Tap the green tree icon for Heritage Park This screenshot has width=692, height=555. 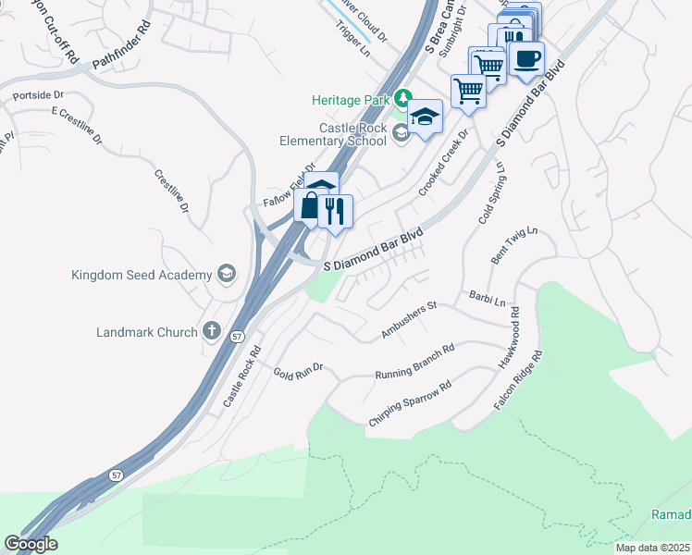pos(402,97)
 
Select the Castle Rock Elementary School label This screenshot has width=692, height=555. pos(334,135)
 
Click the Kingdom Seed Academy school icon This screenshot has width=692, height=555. pos(226,274)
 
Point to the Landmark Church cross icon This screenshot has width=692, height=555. pos(211,331)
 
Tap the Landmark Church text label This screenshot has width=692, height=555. pos(147,332)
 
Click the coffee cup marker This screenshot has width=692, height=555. pos(526,60)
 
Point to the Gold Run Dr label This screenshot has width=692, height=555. pos(298,371)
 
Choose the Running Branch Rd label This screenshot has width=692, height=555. pos(414,363)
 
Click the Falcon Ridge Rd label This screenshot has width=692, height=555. pos(517,381)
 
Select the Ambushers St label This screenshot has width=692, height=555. pos(408,320)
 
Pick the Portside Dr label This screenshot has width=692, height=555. pos(38,95)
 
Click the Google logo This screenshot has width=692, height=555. pos(31,544)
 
